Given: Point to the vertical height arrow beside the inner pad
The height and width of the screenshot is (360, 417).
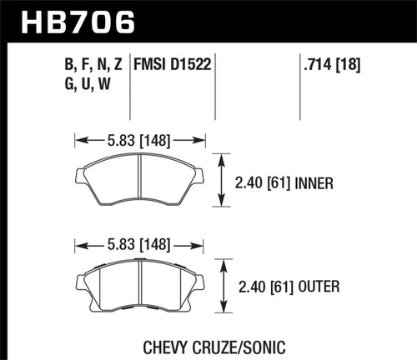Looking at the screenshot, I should [221, 180].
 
